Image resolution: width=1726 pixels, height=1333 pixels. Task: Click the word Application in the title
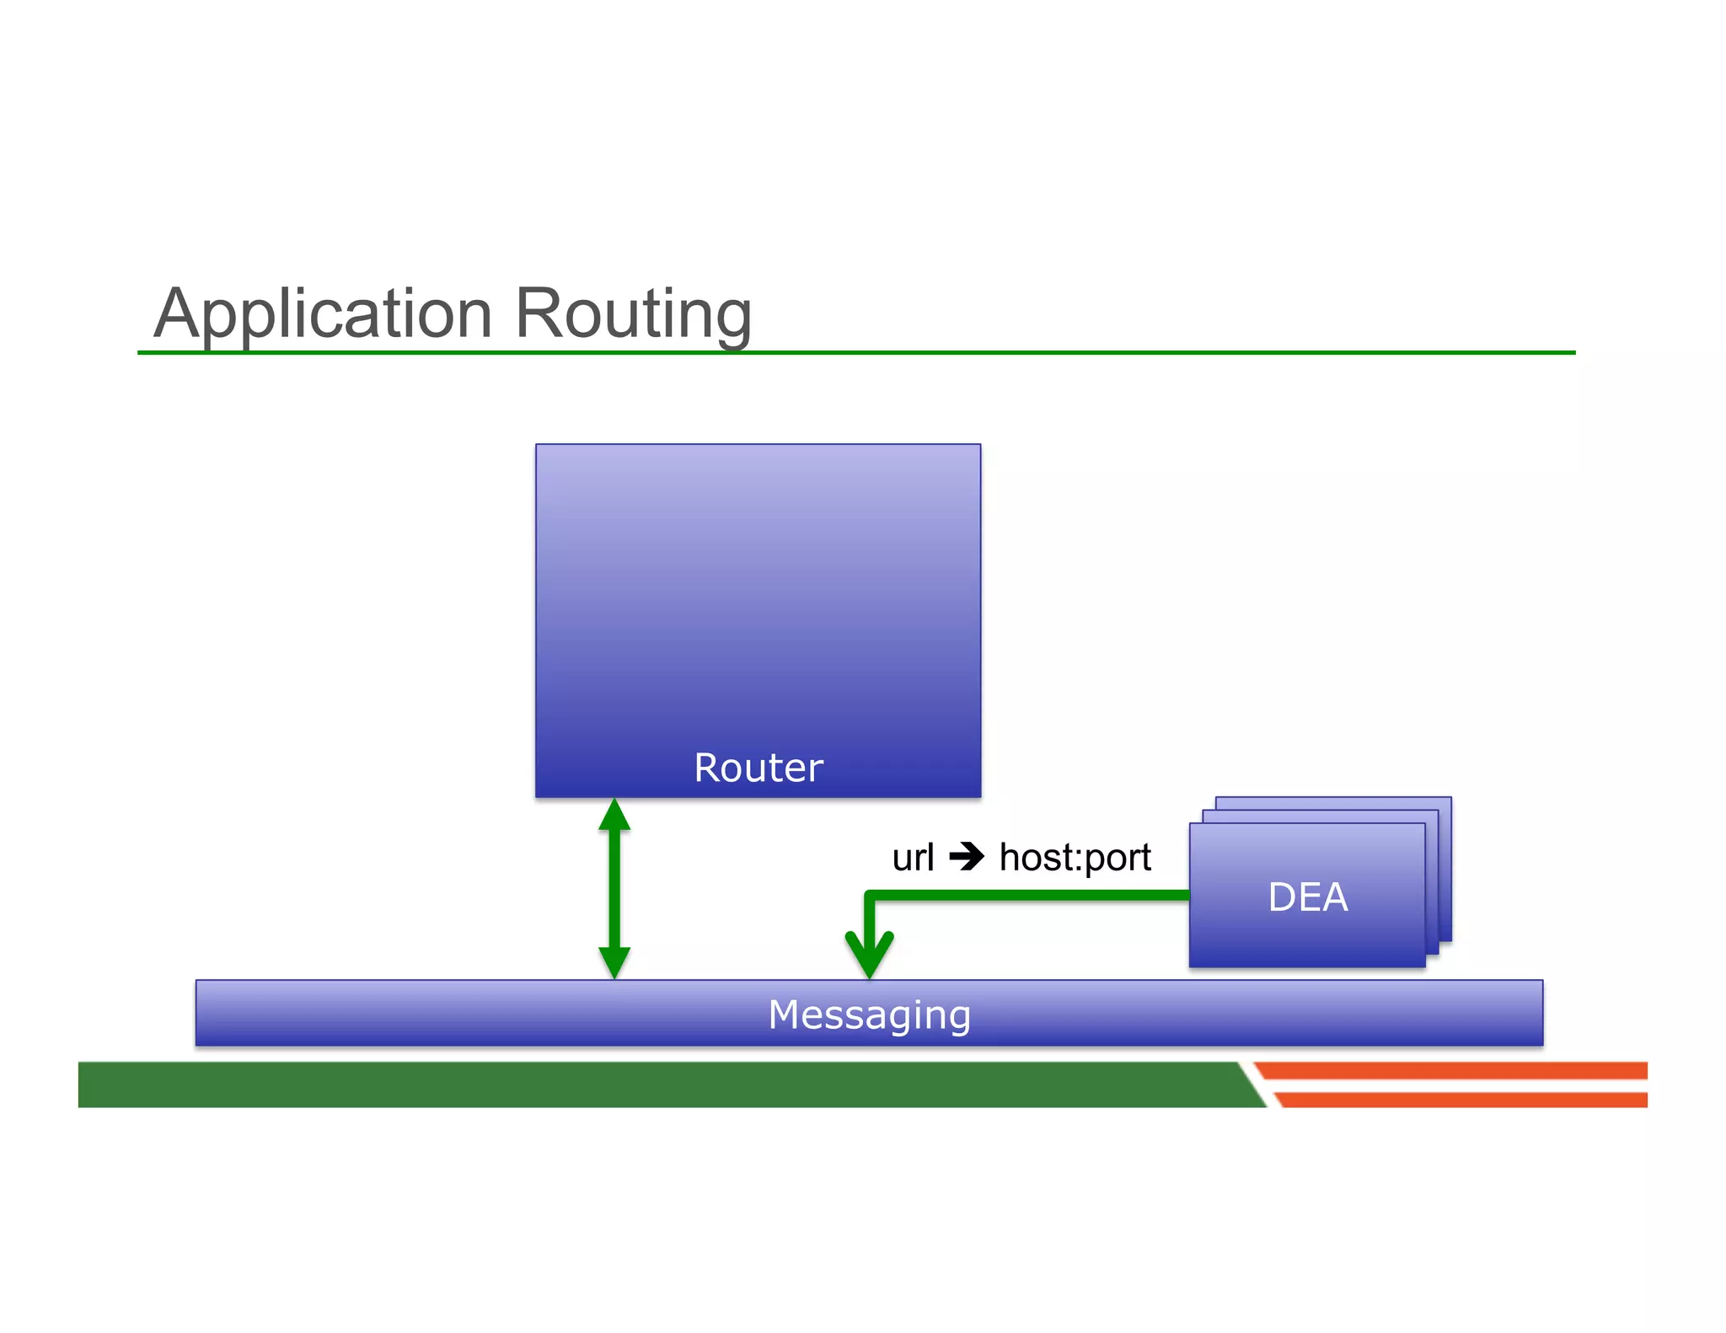(323, 313)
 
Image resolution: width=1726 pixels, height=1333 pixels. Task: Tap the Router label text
(758, 768)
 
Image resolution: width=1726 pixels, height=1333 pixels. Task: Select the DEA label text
(1307, 897)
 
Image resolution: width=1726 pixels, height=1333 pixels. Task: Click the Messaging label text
(869, 1014)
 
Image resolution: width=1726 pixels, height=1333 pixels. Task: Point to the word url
(913, 858)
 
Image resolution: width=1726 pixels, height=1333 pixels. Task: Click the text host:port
(1075, 858)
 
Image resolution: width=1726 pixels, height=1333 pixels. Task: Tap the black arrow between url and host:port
(966, 858)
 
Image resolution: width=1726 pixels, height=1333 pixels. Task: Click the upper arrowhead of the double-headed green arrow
(614, 816)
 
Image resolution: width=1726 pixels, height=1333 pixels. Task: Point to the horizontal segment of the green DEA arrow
(1028, 896)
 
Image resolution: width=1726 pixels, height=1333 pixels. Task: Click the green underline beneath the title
(1096, 352)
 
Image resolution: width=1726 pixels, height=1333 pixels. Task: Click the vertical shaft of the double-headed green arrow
(614, 889)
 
